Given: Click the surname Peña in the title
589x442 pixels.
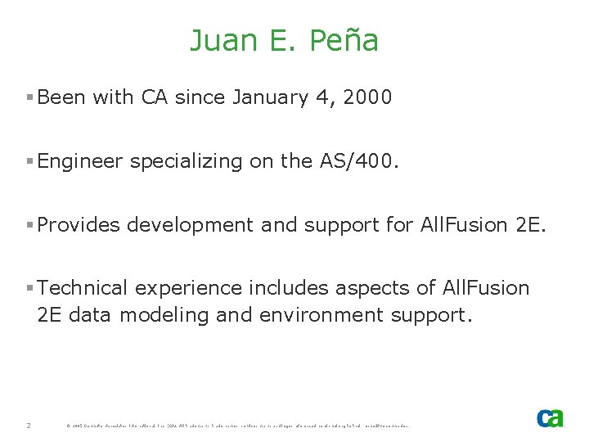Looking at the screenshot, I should point(344,40).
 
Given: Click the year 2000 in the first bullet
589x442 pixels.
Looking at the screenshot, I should point(368,97).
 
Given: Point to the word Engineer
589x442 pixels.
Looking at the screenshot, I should point(80,161).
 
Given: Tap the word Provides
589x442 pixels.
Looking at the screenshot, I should point(78,225).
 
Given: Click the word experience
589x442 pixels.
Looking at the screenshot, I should point(188,288).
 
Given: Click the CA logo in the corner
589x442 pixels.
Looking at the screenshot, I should point(550,417).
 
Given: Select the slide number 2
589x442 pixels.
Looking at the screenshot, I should point(29,426).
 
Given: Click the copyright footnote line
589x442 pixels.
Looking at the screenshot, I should point(237,426).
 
